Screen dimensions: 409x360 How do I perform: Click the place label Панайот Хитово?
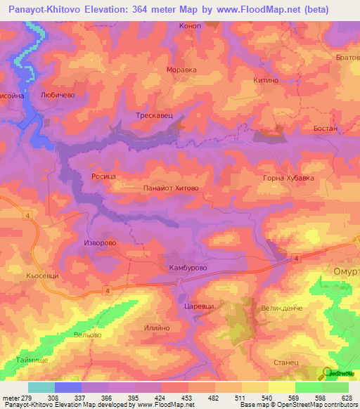172,188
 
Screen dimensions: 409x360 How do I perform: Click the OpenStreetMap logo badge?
339,373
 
